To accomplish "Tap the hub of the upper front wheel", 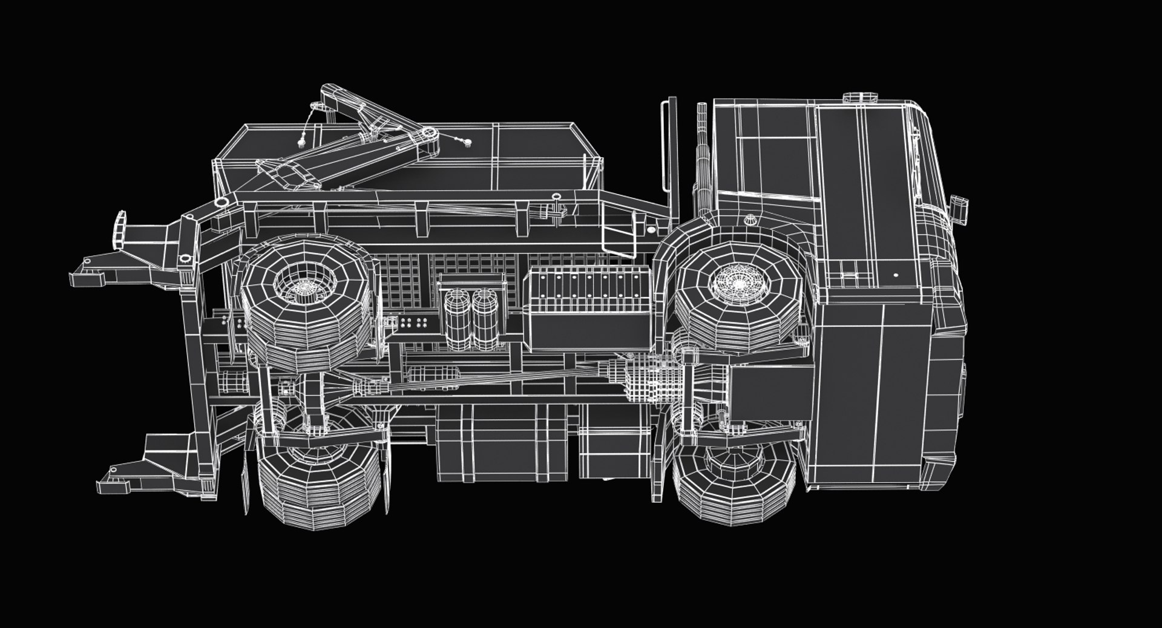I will pos(737,282).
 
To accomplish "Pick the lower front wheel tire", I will pos(734,484).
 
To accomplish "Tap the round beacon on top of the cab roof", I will pos(861,97).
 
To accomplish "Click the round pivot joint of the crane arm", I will pos(430,134).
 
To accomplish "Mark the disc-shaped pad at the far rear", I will pos(120,230).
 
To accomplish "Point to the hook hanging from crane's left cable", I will pos(301,143).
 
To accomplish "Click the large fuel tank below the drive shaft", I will pos(484,442).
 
